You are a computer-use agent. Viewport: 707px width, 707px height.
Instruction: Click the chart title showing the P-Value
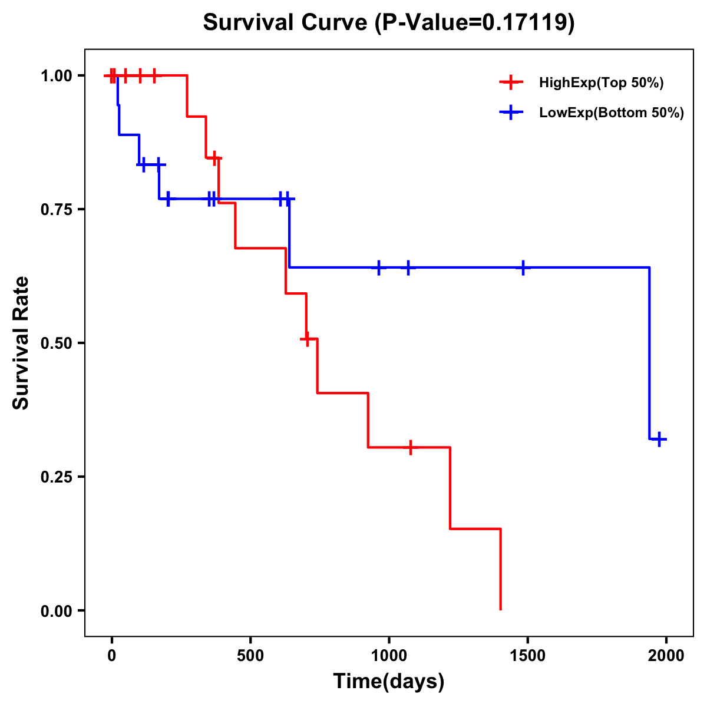point(389,22)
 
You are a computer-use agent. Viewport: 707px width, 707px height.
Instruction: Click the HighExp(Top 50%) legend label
point(601,83)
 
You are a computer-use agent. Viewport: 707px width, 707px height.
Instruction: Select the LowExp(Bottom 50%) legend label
point(612,113)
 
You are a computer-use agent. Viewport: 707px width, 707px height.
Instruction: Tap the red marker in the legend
point(511,82)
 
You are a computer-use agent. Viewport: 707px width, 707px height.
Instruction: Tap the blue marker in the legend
point(511,113)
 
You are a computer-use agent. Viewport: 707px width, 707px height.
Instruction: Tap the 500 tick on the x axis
point(250,655)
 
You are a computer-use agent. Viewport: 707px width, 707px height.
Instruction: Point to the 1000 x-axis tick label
point(389,655)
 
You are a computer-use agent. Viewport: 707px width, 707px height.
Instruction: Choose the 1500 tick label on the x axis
point(527,655)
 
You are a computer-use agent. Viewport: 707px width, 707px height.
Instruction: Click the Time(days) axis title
point(389,682)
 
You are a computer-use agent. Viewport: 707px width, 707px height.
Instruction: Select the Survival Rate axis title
point(21,343)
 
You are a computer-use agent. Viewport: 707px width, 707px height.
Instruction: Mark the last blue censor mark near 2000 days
point(660,439)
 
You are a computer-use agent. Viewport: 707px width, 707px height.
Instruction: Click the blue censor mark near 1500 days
point(523,267)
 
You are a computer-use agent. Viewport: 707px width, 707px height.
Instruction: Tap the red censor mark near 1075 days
point(410,447)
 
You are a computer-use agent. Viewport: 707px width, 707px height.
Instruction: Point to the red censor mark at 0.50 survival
point(307,339)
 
